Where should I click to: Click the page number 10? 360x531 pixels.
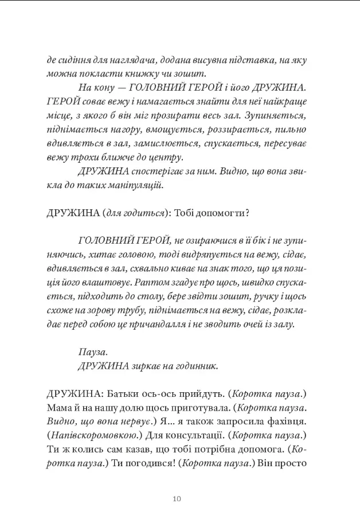coord(177,498)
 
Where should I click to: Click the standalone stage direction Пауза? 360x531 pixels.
coord(92,350)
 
